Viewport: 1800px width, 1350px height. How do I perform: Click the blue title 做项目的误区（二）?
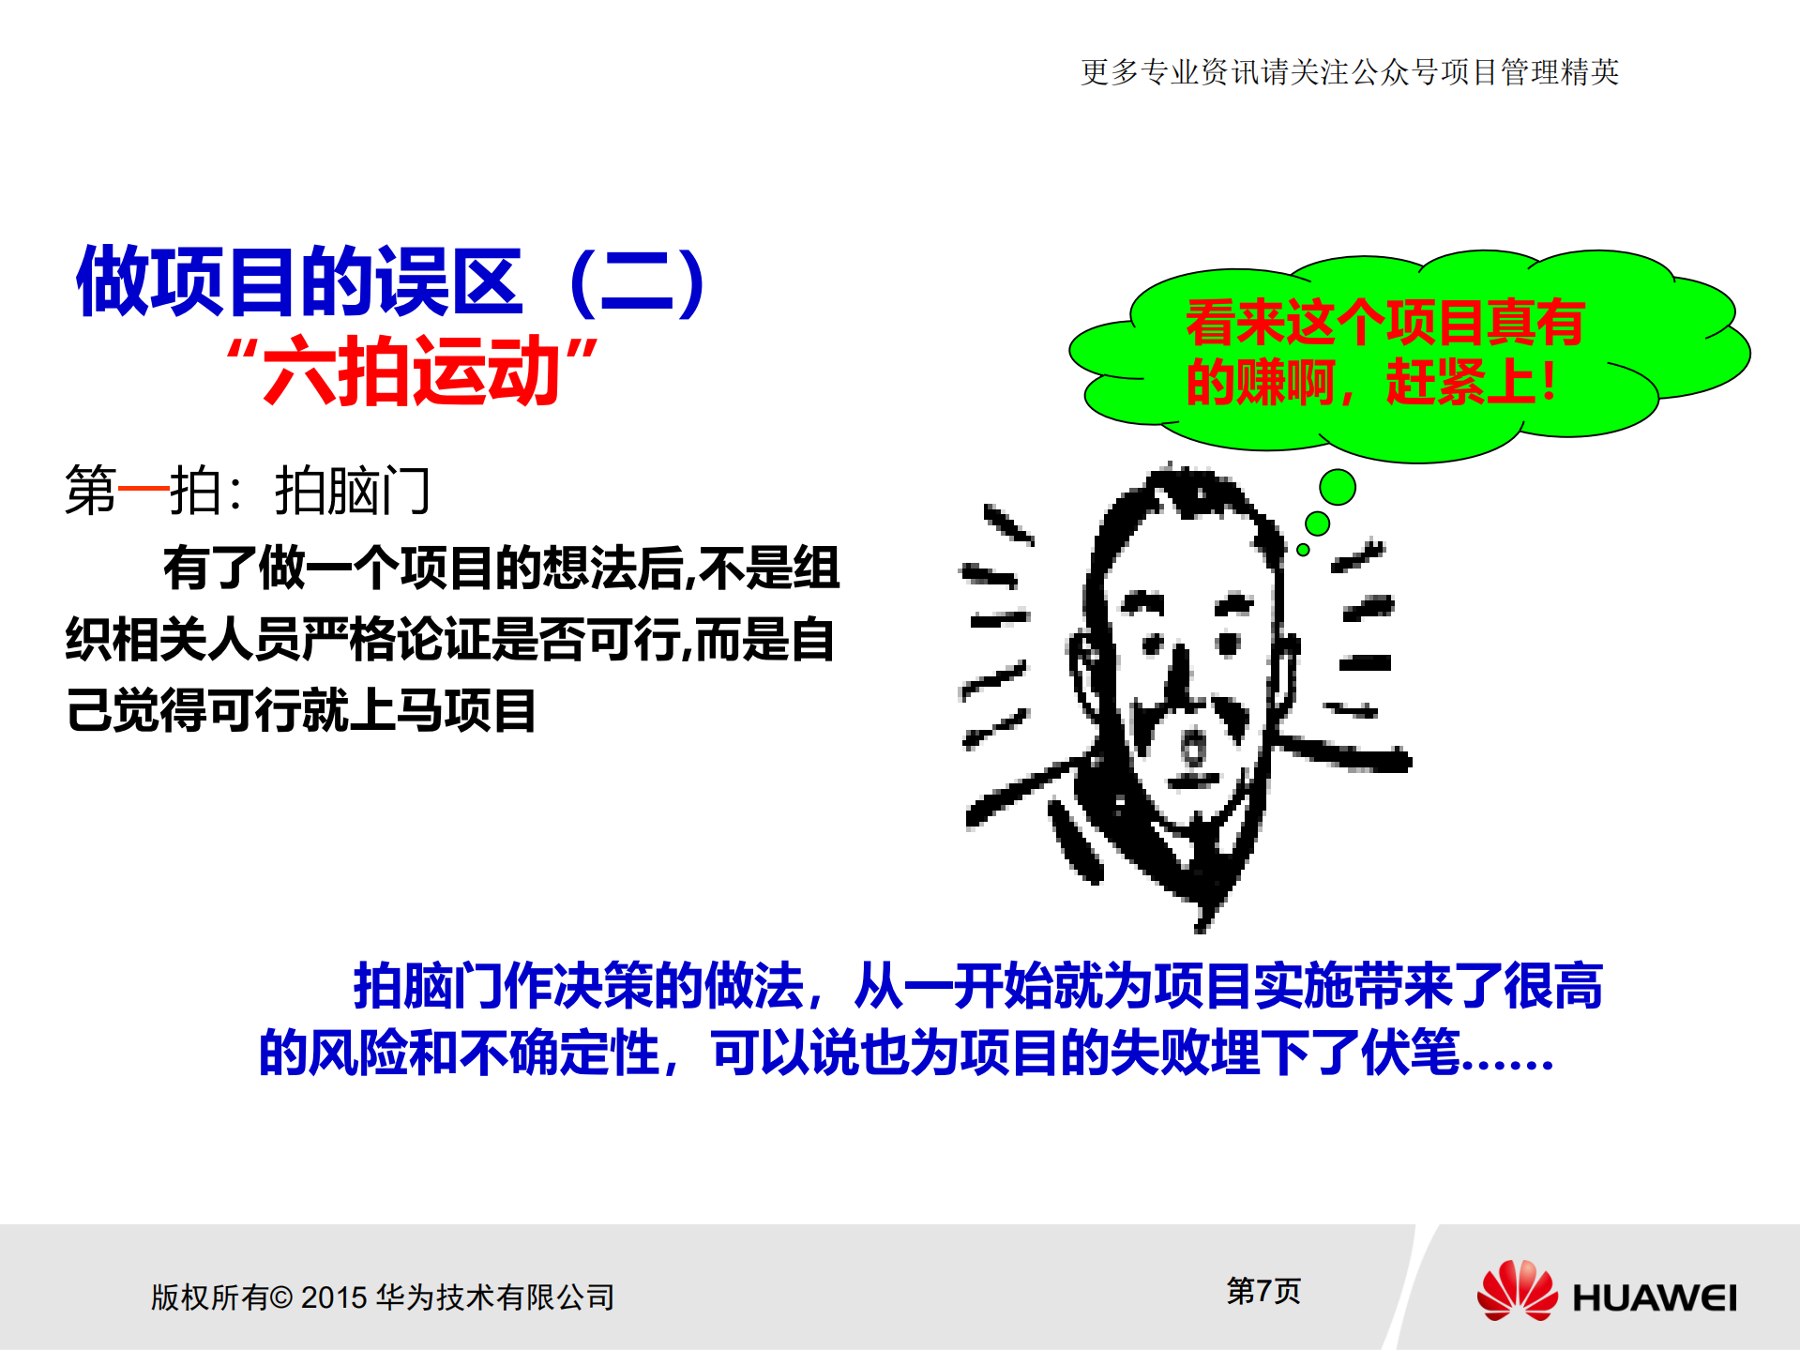tap(391, 281)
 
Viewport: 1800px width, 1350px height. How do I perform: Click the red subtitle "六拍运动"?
tap(412, 372)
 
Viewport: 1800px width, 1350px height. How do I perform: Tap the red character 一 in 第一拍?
tap(143, 490)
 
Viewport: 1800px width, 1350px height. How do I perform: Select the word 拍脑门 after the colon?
tap(353, 491)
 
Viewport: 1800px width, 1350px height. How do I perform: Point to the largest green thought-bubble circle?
tap(1337, 487)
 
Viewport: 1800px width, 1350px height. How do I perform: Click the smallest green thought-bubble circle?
tap(1303, 550)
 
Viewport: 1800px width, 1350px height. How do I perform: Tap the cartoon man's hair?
tap(1182, 497)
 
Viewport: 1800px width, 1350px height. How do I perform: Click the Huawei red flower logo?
tap(1516, 1291)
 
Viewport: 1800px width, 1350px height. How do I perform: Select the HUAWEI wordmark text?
tap(1654, 1298)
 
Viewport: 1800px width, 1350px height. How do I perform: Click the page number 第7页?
tap(1263, 1291)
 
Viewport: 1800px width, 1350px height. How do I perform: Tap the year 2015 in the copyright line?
tap(333, 1297)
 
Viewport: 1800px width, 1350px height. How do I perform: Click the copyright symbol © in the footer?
tap(280, 1297)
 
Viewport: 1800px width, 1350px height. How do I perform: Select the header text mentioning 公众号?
tap(1349, 72)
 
